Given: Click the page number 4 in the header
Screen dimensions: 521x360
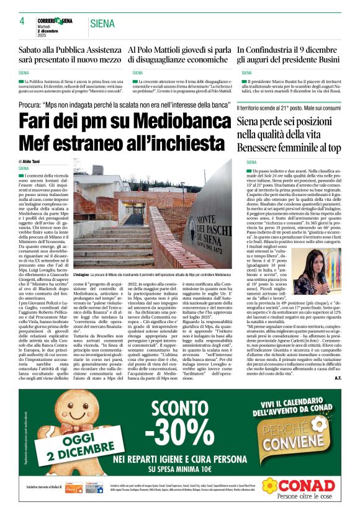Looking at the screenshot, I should (22, 22).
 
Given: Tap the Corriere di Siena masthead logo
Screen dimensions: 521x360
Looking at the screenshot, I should (58, 20).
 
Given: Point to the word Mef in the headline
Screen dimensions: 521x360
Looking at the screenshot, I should (38, 144).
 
